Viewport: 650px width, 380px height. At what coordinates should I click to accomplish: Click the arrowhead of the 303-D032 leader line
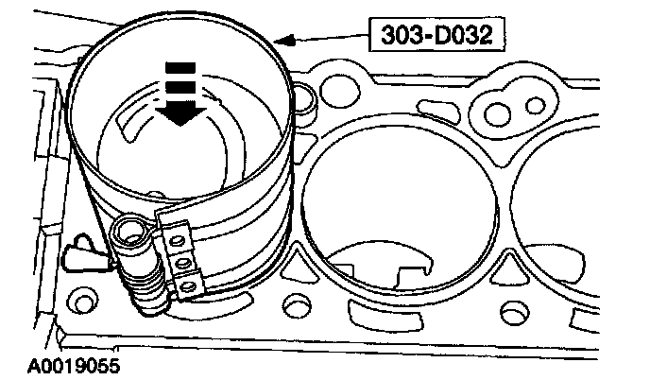tap(281, 39)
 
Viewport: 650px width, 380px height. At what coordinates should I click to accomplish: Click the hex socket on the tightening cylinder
tap(128, 230)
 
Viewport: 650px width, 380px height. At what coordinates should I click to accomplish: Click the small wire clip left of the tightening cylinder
tap(79, 250)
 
